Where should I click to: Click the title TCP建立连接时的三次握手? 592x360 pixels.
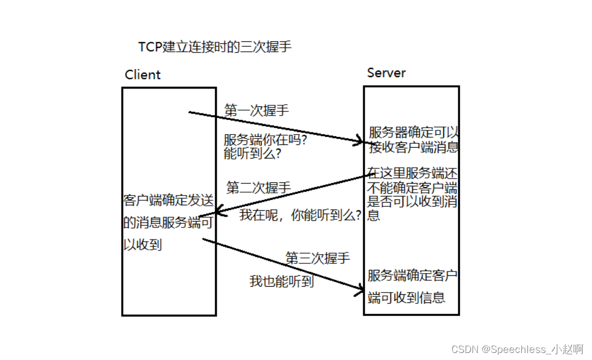pyautogui.click(x=215, y=47)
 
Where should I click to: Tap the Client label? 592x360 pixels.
pyautogui.click(x=143, y=75)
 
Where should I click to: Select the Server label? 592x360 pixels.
pyautogui.click(x=386, y=73)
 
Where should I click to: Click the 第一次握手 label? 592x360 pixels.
pyautogui.click(x=257, y=111)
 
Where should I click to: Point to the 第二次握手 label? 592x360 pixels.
pyautogui.click(x=259, y=188)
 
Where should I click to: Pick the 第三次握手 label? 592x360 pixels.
pyautogui.click(x=318, y=258)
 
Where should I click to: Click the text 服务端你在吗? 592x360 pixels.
pyautogui.click(x=266, y=140)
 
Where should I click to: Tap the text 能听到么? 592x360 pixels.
pyautogui.click(x=253, y=154)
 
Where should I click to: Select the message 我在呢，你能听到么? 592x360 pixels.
pyautogui.click(x=301, y=215)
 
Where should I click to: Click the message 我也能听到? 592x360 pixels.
pyautogui.click(x=281, y=281)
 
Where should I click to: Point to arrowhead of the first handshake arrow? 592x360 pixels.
pyautogui.click(x=360, y=142)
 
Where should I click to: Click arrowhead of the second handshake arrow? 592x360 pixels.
pyautogui.click(x=217, y=212)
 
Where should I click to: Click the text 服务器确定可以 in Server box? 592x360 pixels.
pyautogui.click(x=414, y=132)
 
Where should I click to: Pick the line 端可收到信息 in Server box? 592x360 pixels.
pyautogui.click(x=406, y=298)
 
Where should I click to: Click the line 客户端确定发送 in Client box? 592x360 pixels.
pyautogui.click(x=169, y=200)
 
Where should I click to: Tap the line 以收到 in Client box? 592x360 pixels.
pyautogui.click(x=143, y=245)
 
